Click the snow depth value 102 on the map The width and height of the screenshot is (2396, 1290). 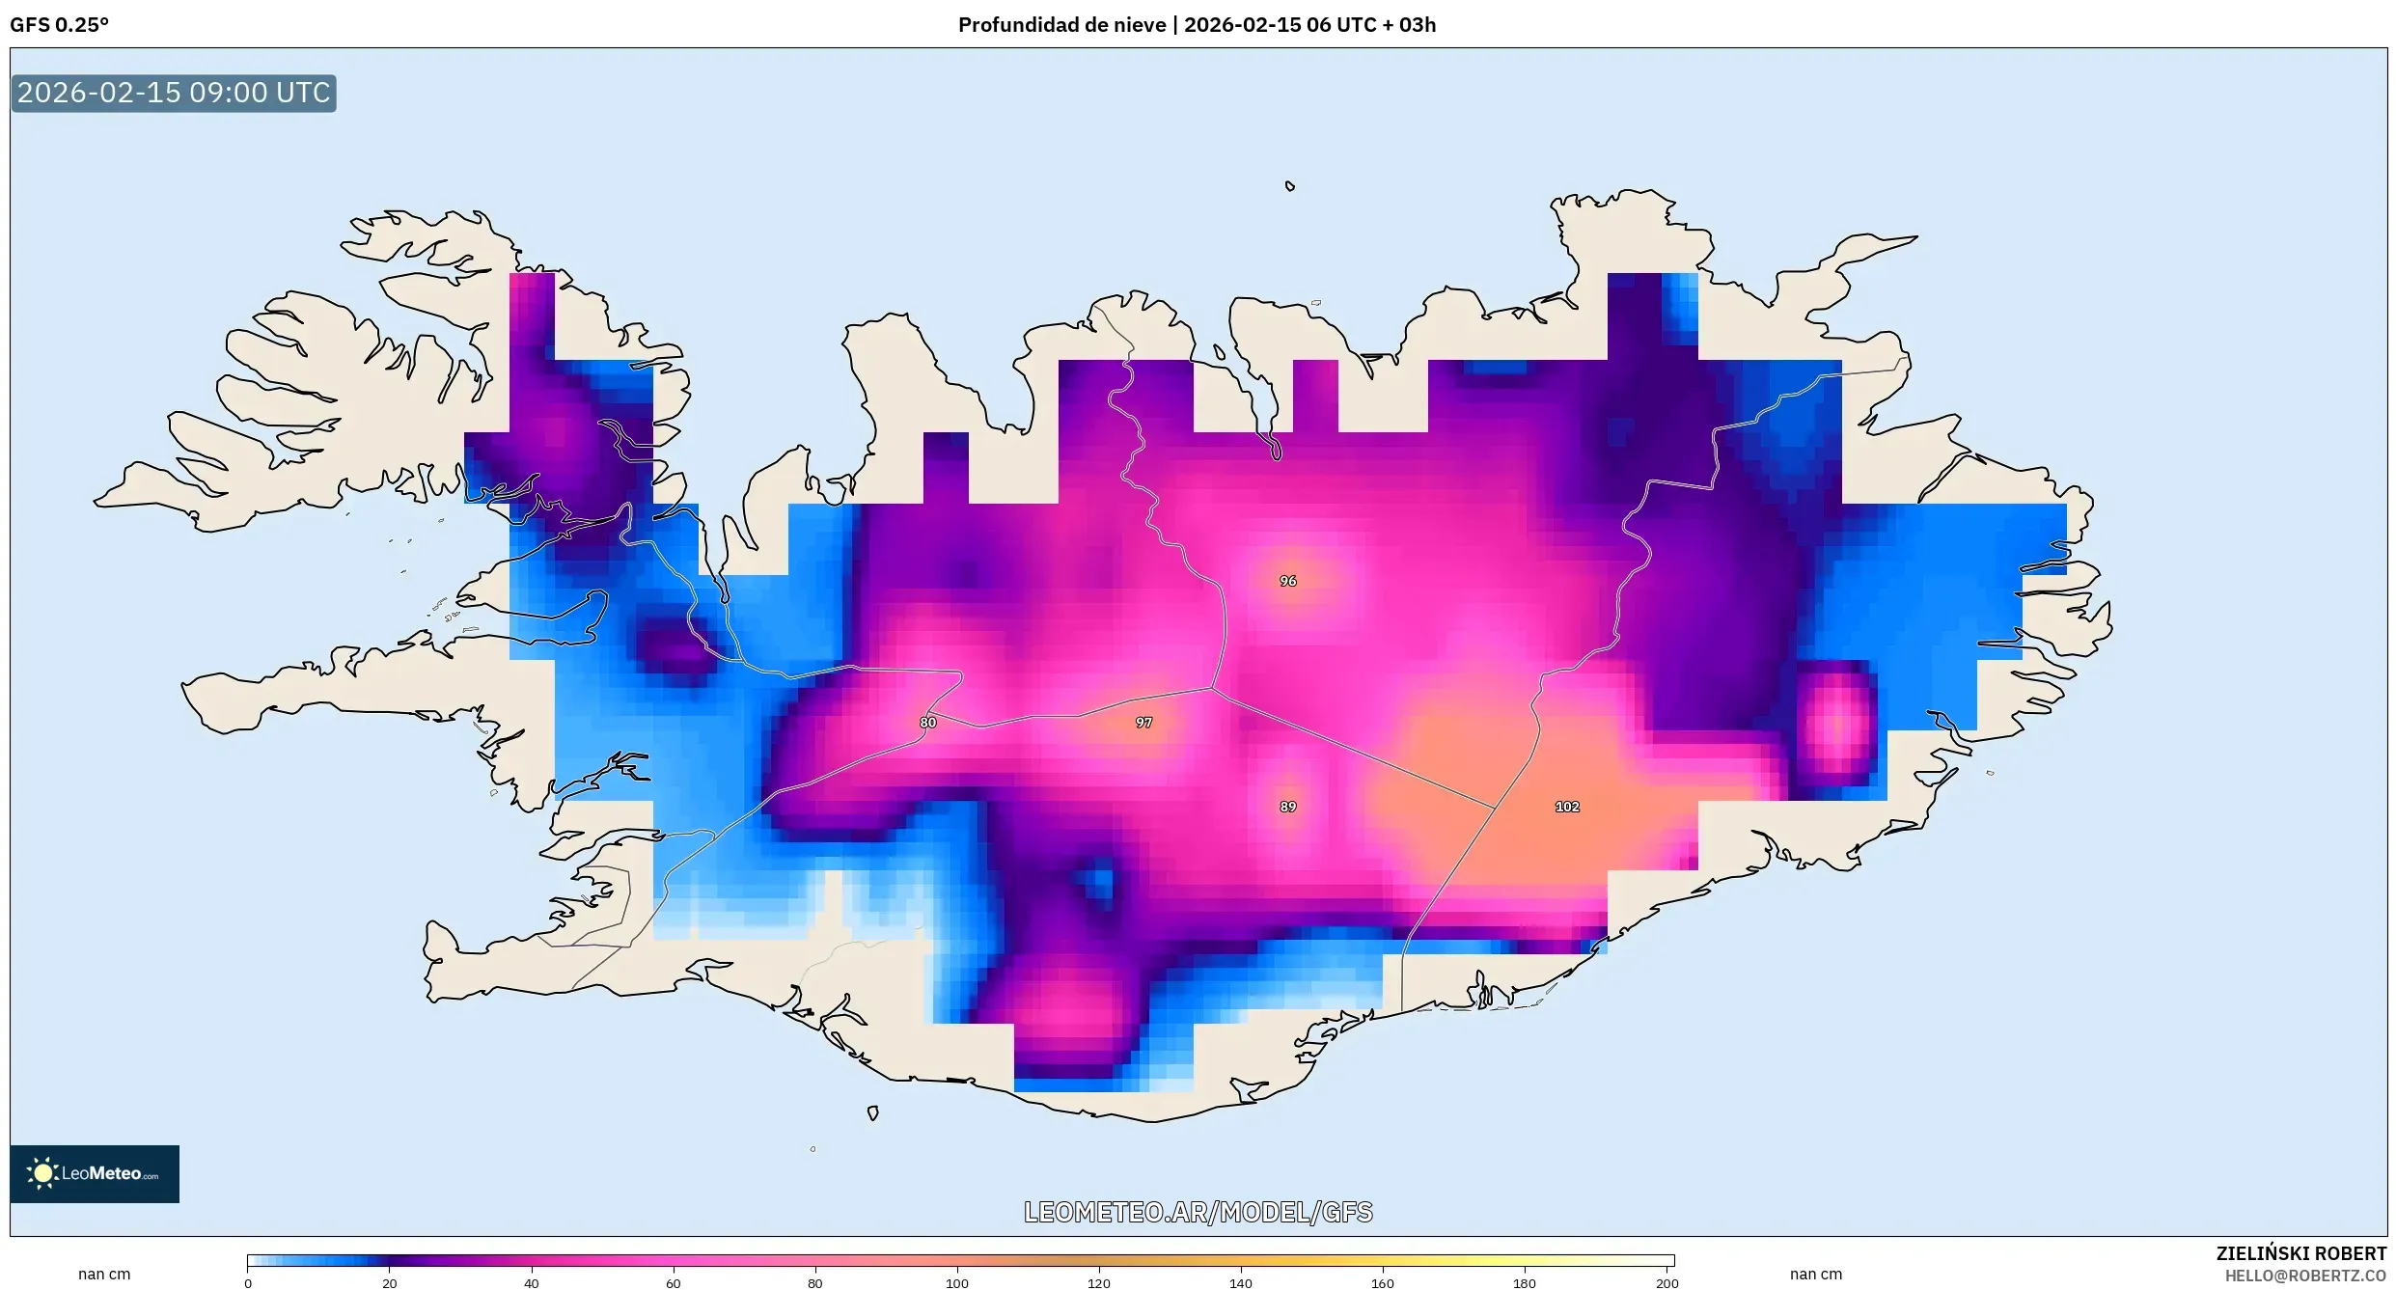coord(1567,807)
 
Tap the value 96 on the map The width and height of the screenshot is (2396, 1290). coord(1288,581)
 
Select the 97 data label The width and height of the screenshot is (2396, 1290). coord(1143,723)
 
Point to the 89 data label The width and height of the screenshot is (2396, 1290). coord(1288,807)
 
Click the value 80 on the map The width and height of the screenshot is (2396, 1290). coord(927,723)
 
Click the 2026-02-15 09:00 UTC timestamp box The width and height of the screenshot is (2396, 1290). coord(174,93)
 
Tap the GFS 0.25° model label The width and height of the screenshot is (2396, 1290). coord(59,25)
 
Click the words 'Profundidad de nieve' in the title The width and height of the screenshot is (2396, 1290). coord(1061,25)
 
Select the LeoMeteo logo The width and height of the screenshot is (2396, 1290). coord(95,1173)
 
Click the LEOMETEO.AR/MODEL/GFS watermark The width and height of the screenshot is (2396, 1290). coord(1198,1212)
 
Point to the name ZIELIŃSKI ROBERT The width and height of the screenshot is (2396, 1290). coord(2300,1253)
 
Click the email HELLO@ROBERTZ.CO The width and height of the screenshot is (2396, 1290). coord(2304,1276)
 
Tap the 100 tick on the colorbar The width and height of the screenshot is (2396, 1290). coord(957,1283)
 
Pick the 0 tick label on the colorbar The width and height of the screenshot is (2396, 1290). coord(248,1283)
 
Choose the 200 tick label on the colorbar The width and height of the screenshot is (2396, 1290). coord(1666,1283)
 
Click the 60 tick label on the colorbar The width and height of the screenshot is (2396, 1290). coord(674,1283)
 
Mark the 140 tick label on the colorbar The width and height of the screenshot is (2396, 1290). coord(1241,1283)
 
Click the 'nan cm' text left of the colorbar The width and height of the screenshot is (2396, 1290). coord(104,1274)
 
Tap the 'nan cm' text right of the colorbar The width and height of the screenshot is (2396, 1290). coord(1816,1274)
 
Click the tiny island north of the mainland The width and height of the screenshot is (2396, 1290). coord(1290,186)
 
